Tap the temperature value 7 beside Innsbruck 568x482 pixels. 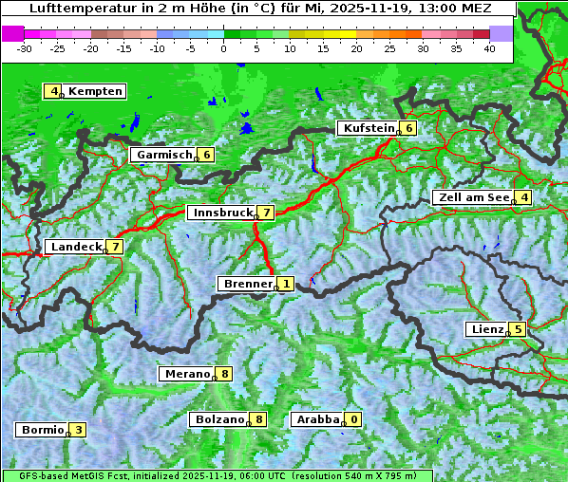(x=267, y=213)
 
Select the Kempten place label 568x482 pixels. (x=95, y=91)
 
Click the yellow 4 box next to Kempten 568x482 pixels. (x=54, y=91)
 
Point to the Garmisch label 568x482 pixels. (x=164, y=155)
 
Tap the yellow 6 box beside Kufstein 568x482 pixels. (x=408, y=128)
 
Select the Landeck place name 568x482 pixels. (x=76, y=247)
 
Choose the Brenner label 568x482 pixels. (x=247, y=284)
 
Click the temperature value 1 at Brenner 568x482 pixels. (x=285, y=284)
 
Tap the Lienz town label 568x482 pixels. (x=486, y=329)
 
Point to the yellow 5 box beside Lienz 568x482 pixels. (x=518, y=329)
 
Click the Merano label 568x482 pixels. (x=186, y=374)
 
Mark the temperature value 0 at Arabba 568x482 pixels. (x=354, y=419)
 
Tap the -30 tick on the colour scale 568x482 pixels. (x=25, y=47)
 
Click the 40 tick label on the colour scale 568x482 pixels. (x=488, y=47)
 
